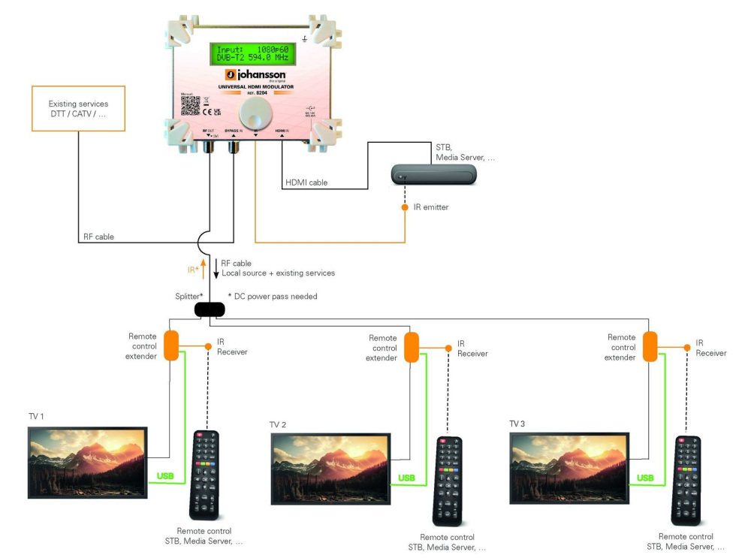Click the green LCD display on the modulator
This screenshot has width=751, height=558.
coord(252,54)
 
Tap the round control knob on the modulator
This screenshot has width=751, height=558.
coord(253,115)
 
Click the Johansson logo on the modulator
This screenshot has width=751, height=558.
coord(255,75)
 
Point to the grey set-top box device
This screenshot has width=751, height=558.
coord(434,174)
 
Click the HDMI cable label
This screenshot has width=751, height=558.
coord(306,182)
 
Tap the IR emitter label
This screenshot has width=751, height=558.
coord(430,207)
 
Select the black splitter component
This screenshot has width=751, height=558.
coord(210,309)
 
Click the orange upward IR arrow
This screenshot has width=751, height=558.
coord(202,264)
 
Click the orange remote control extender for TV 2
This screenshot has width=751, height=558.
coord(411,347)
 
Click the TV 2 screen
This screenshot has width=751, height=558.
coord(330,468)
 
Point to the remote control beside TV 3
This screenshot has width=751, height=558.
coord(686,480)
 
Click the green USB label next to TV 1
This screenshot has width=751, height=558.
coord(164,476)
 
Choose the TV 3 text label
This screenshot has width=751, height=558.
coord(517,424)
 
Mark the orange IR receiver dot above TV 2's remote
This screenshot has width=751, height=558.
coord(448,348)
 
